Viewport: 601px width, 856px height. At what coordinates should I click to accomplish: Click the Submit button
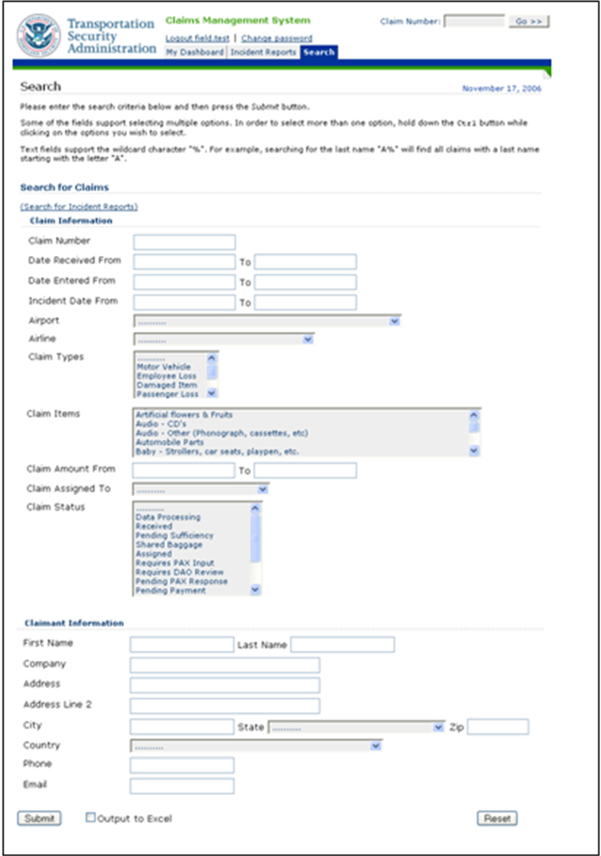(40, 818)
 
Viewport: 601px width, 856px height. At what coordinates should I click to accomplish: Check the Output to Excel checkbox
(91, 817)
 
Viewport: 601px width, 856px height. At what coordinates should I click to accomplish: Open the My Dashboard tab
(195, 53)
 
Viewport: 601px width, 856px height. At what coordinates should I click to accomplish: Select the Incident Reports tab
(263, 53)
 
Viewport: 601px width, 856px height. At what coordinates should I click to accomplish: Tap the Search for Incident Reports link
(79, 206)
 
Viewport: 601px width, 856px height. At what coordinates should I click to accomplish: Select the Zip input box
(498, 727)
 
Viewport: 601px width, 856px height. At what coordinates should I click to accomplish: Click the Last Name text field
(342, 644)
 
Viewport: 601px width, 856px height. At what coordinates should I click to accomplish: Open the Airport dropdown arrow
(394, 321)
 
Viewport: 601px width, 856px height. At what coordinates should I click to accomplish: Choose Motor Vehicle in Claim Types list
(164, 367)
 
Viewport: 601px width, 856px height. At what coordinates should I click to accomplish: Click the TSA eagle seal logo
(39, 35)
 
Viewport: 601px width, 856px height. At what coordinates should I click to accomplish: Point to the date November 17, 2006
(501, 89)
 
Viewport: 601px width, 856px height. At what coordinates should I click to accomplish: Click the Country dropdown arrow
(375, 746)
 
